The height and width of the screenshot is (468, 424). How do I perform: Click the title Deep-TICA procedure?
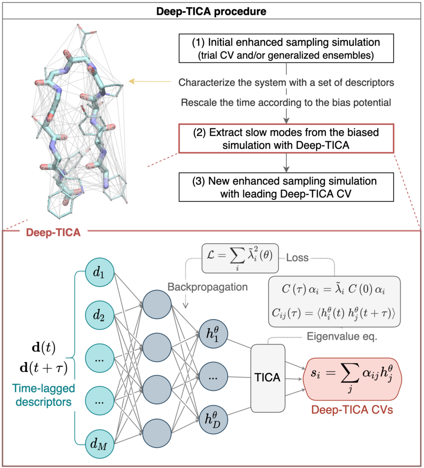(211, 11)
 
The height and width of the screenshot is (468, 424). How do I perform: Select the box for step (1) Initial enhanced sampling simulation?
(286, 48)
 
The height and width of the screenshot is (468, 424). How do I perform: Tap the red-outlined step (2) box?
(286, 138)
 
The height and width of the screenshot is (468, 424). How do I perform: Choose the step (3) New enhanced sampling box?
(286, 187)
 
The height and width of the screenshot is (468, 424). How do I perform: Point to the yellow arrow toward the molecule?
(150, 81)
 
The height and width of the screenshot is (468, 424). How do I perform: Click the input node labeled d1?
(100, 272)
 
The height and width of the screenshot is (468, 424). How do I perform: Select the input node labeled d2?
(100, 315)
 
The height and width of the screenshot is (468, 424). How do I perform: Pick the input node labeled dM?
(100, 444)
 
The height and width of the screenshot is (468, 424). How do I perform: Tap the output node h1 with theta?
(213, 333)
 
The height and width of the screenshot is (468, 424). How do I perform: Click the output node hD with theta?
(213, 420)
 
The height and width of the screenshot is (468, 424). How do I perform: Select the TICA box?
(268, 378)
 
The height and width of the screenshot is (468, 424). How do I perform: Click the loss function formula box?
(240, 258)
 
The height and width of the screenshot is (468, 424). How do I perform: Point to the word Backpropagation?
(207, 287)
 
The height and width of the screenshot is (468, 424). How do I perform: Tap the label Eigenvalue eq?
(342, 336)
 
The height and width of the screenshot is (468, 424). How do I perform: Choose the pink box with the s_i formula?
(353, 379)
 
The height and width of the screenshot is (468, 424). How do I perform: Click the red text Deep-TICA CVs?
(352, 410)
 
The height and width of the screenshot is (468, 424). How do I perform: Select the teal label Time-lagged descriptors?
(43, 395)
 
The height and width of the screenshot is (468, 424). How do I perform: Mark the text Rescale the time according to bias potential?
(286, 103)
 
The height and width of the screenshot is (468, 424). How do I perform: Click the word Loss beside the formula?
(297, 258)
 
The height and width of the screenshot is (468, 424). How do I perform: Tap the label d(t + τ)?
(44, 368)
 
